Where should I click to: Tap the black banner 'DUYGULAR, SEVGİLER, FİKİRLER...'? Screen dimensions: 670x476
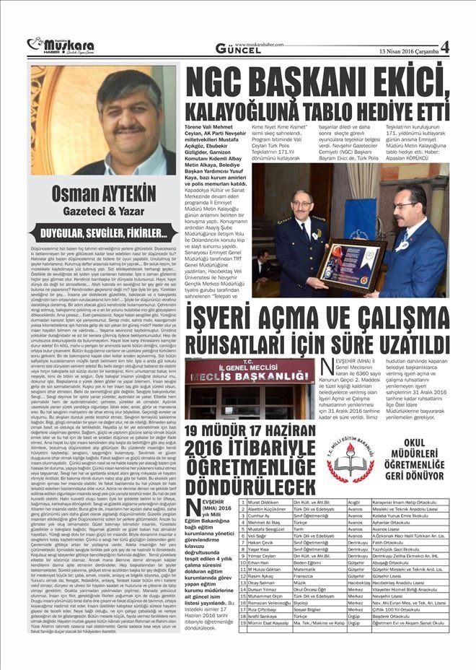click(103, 232)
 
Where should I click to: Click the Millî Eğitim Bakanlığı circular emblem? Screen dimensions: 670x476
click(351, 456)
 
